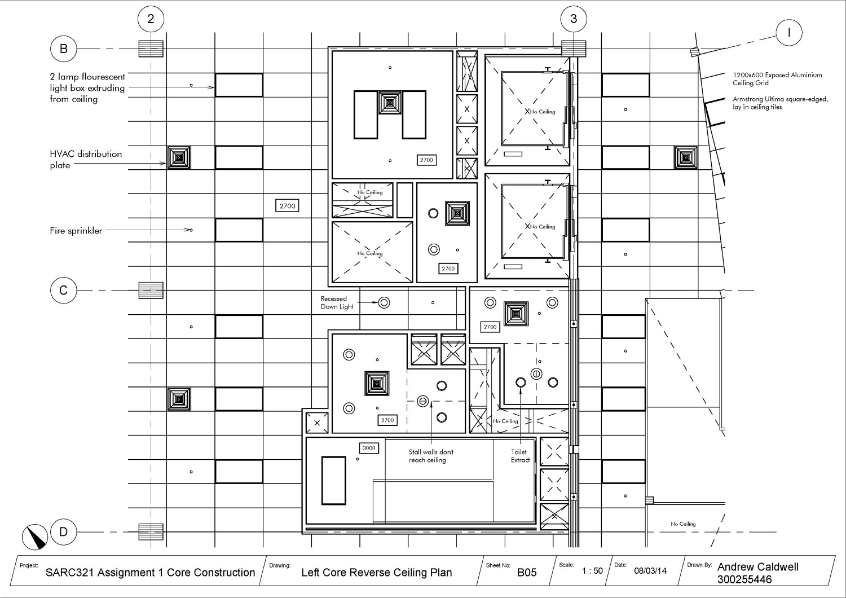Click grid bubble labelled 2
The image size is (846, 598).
point(151,19)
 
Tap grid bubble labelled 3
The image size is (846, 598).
point(574,19)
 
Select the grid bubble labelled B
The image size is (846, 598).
point(63,49)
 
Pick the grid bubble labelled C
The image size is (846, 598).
point(63,290)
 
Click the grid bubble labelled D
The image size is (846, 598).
point(63,531)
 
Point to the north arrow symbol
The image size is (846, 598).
point(35,536)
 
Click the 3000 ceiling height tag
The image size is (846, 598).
point(369,448)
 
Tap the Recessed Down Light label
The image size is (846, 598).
point(337,303)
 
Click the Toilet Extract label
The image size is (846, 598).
point(520,456)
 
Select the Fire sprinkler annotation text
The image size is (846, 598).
point(76,231)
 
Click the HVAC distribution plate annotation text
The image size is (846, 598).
point(86,159)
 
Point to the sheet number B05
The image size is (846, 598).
point(527,572)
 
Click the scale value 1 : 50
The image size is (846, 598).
point(592,570)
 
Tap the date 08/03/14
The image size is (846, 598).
point(650,571)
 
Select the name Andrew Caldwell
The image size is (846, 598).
point(757,567)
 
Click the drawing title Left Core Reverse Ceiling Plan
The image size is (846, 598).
point(377,573)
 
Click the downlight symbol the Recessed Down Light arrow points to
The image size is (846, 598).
point(384,302)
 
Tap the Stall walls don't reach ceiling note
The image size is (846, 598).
point(431,456)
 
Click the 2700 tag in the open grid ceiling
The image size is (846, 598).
point(288,206)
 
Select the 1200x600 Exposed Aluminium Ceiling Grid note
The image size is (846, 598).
point(777,78)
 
